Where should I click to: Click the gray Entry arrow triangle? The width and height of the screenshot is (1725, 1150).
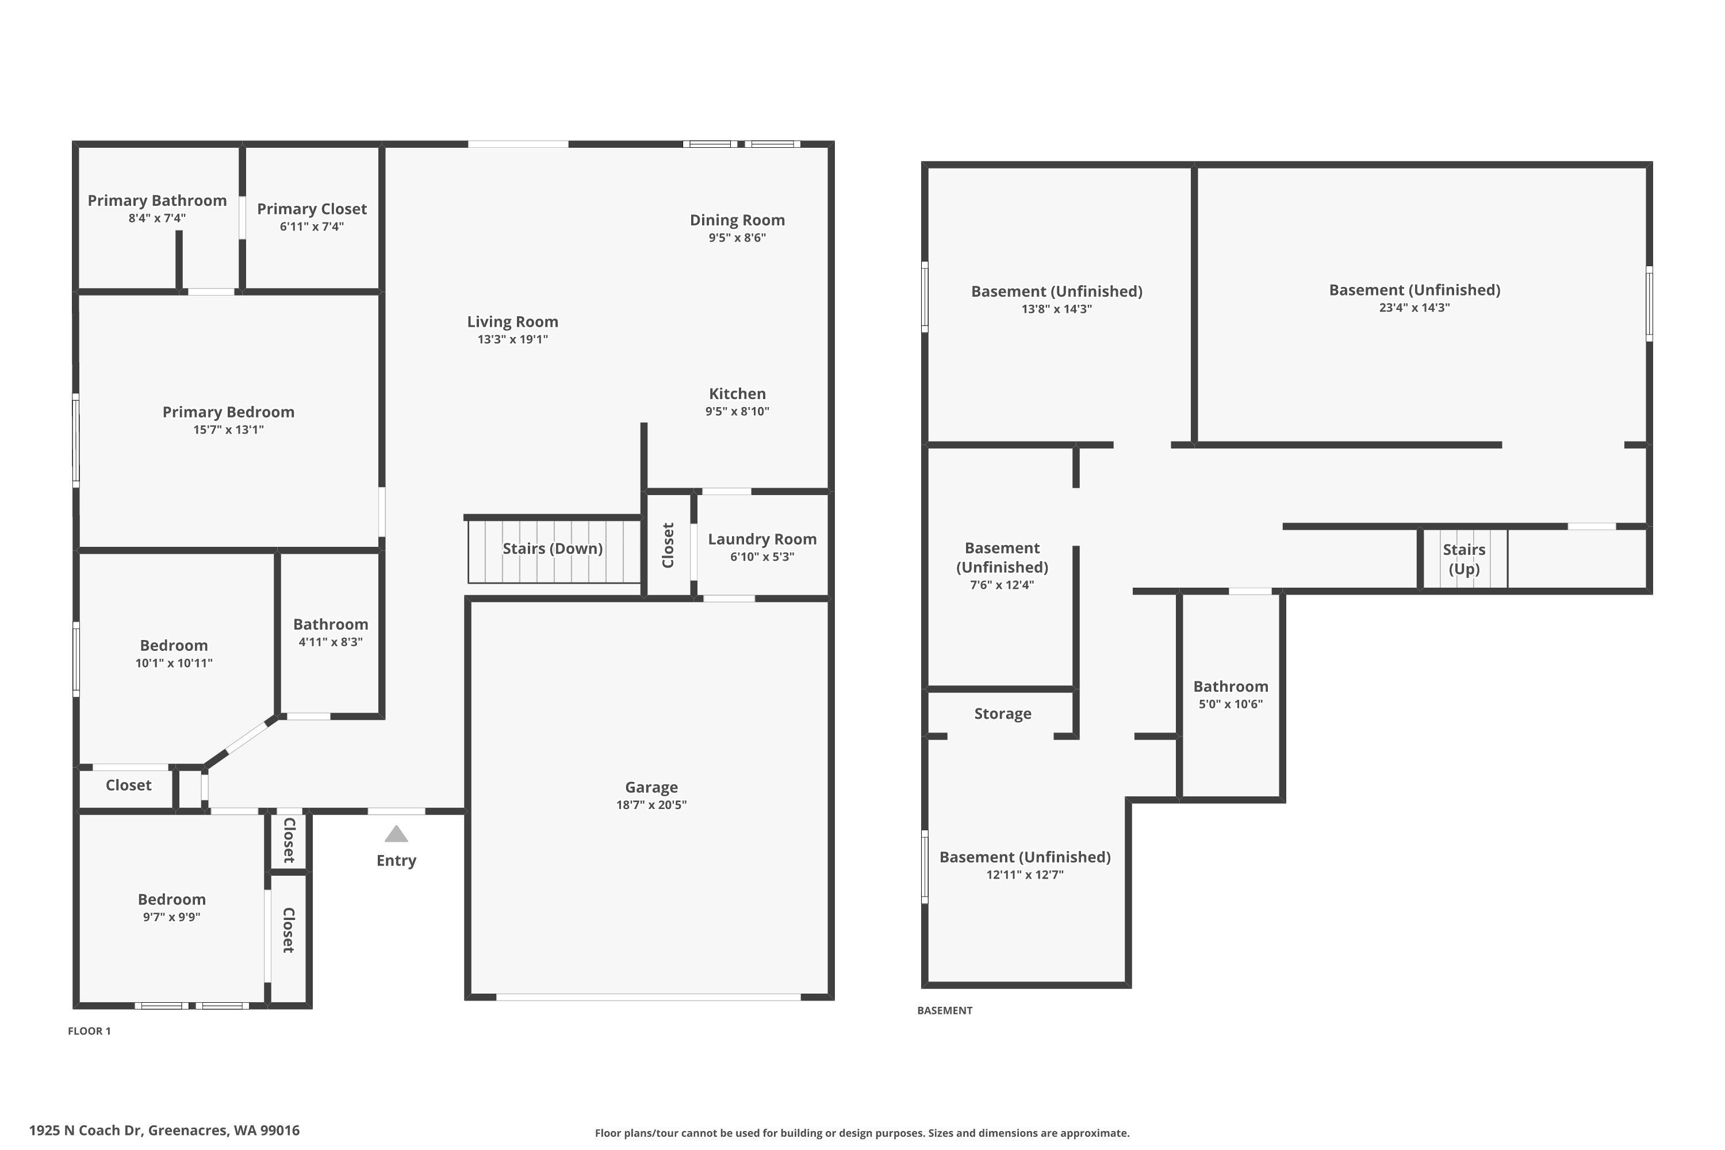(396, 834)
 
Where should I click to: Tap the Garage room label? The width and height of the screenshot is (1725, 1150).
(651, 787)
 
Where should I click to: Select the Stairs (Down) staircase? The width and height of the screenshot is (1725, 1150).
(554, 551)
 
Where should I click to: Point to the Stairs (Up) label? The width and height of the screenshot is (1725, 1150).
(1464, 559)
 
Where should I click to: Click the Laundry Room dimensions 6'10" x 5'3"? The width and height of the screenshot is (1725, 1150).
(762, 557)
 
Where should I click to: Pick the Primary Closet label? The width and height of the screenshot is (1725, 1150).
(312, 209)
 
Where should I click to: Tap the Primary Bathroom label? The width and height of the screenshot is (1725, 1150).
(157, 201)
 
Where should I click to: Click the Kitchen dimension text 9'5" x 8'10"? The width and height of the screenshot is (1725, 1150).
(737, 412)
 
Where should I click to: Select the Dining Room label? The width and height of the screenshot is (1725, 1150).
(737, 220)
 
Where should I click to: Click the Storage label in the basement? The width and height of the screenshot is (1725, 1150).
(1003, 714)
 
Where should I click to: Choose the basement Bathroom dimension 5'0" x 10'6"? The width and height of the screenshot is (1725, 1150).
(1230, 704)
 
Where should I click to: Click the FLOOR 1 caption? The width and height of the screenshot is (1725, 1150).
(90, 1031)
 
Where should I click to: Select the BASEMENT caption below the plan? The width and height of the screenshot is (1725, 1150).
(945, 1011)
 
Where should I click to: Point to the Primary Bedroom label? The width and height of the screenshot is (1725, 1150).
(229, 412)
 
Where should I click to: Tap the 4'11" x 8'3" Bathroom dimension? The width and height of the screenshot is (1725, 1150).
(331, 642)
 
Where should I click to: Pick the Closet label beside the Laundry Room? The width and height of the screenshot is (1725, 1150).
(668, 545)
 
